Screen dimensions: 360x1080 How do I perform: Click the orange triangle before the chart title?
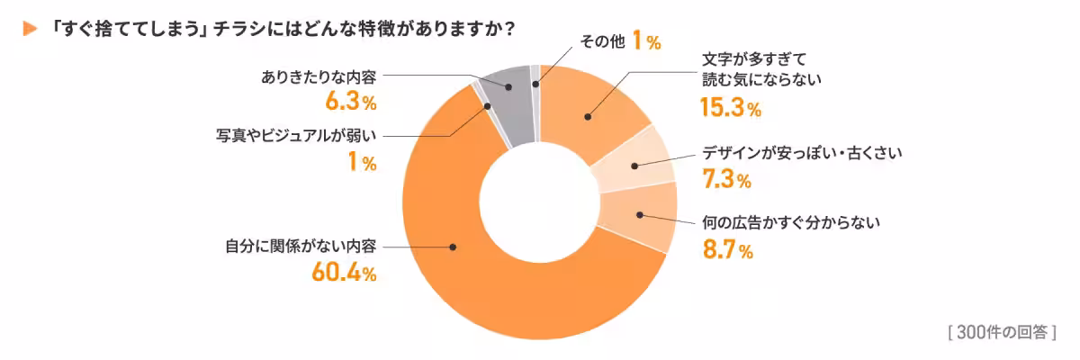click(x=29, y=29)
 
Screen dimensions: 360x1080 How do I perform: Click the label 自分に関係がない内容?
click(x=301, y=246)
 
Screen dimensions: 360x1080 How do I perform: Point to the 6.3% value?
click(x=350, y=101)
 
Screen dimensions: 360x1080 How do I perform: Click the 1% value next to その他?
click(x=645, y=40)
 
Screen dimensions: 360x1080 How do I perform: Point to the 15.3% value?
click(x=730, y=109)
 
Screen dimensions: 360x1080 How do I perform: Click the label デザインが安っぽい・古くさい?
click(x=801, y=154)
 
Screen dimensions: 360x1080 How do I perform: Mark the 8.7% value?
click(x=726, y=250)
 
